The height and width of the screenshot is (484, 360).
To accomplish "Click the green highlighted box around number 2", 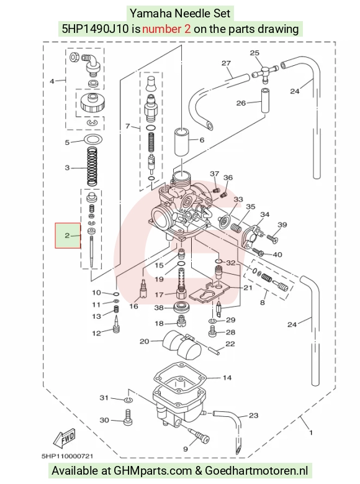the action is coord(68,235).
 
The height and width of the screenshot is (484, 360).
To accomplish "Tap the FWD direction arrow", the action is coord(65,439).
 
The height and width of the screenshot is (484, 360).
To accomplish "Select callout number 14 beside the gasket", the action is coord(227,378).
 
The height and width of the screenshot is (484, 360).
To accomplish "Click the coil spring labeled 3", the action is coord(92,167).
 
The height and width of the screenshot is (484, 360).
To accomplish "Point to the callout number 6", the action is coord(202,140).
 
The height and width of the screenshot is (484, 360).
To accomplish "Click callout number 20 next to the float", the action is coord(145,341).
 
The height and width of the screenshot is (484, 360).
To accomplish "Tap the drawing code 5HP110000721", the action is coord(67,456).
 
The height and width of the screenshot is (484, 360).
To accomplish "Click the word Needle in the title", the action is coord(188,13).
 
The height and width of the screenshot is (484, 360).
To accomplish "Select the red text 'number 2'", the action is coord(166,29).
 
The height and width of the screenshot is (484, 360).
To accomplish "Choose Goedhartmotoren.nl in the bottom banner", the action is coord(257,471).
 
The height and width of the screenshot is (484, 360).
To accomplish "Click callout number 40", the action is coord(277,255).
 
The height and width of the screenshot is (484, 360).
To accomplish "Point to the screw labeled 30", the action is coord(127,418).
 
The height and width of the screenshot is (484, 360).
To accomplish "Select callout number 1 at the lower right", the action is coord(311,432).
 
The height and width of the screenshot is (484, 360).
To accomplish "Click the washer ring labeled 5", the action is coord(92,140).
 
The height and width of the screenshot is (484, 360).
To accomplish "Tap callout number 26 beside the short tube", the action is coord(241,103).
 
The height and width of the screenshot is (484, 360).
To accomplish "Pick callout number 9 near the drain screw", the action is coord(186,449).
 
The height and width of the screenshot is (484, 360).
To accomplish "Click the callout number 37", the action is coord(214,174).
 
